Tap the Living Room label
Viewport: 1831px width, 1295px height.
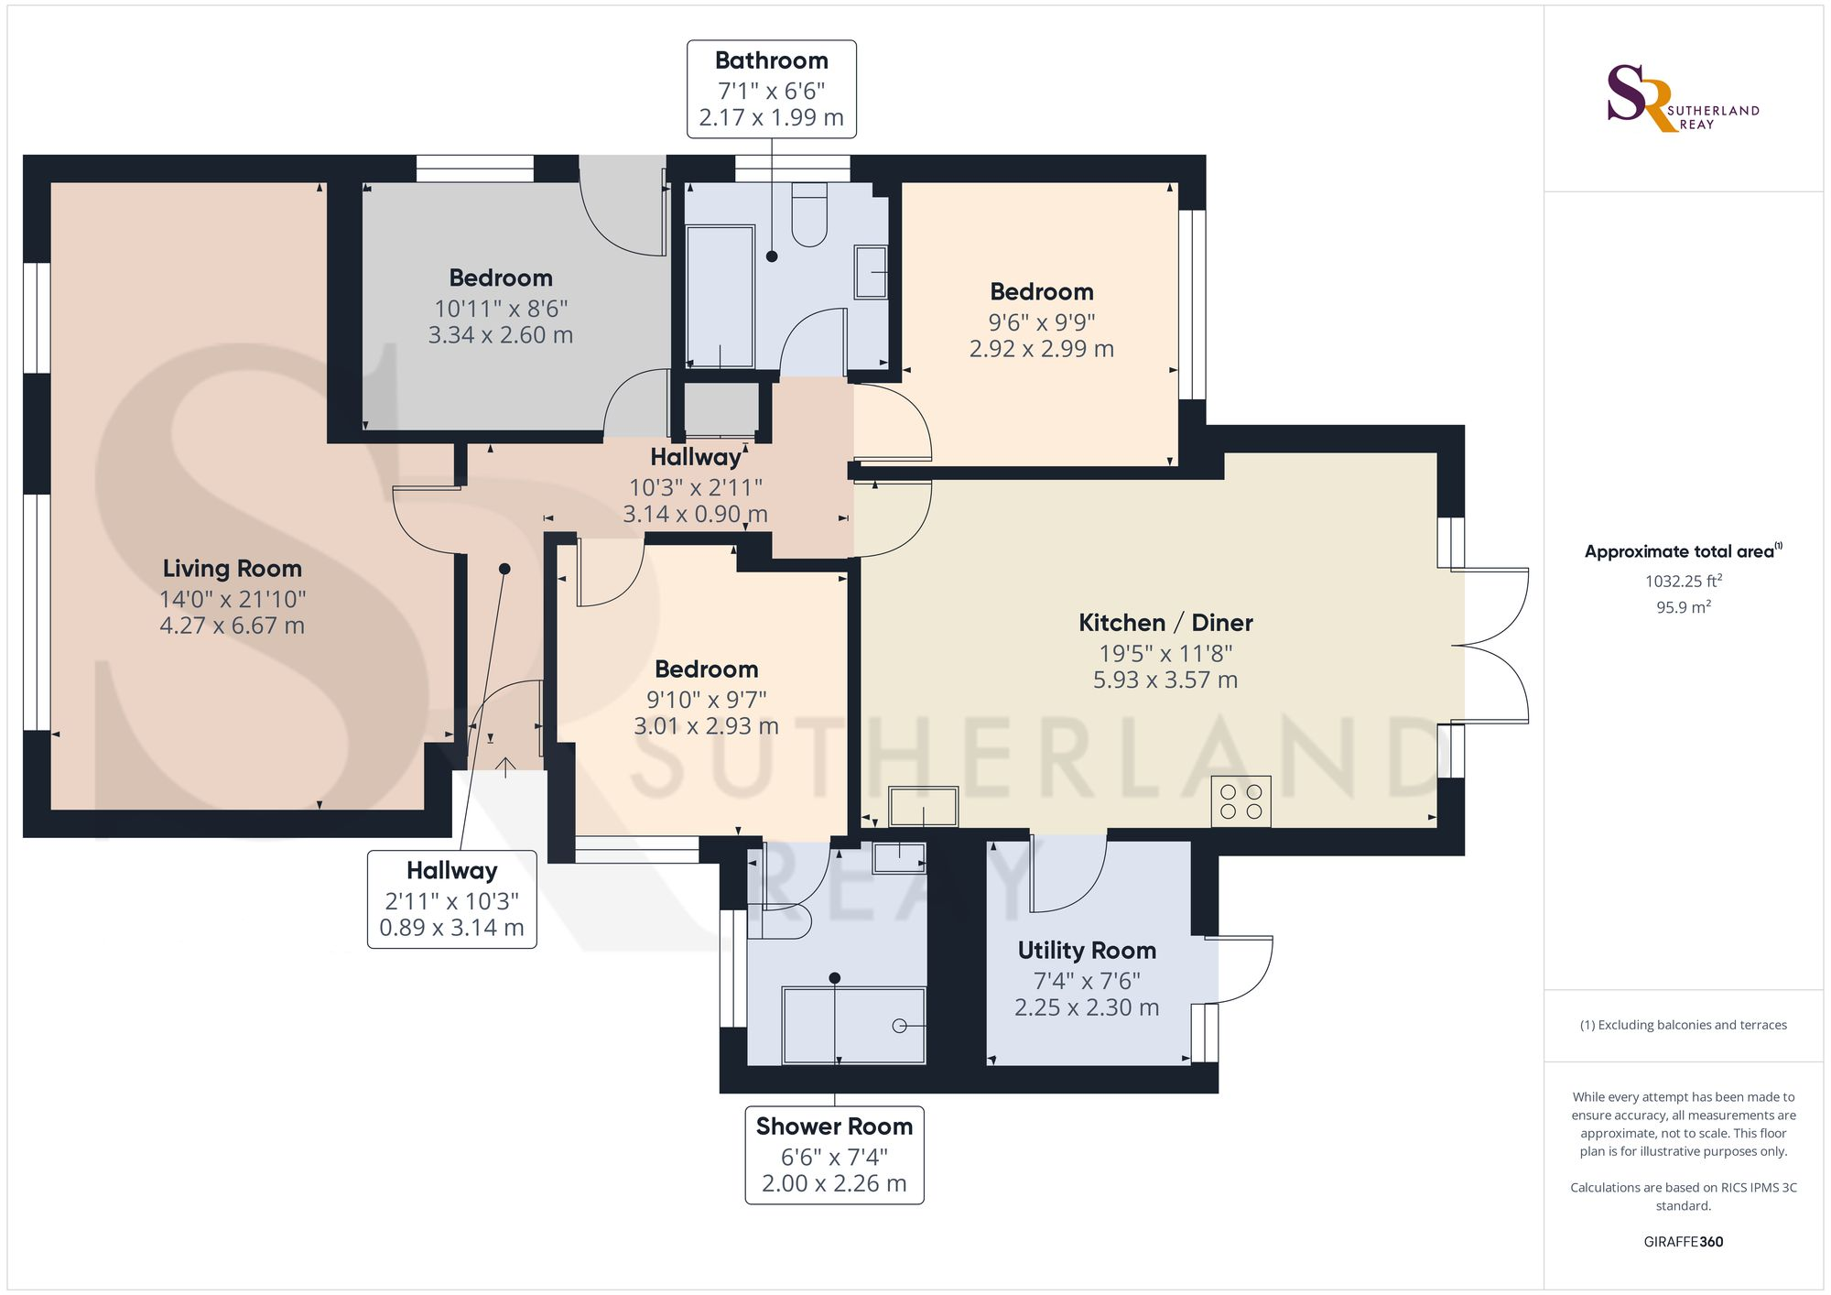point(233,569)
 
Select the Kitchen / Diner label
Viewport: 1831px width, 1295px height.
point(1165,623)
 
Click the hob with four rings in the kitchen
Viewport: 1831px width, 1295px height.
point(1241,801)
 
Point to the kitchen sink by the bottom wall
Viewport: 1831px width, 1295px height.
point(923,807)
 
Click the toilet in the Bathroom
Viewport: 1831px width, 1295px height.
point(809,214)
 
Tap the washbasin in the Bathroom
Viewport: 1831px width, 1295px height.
point(871,272)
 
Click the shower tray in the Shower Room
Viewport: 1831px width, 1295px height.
point(853,1025)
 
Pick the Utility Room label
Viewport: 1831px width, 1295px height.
point(1087,951)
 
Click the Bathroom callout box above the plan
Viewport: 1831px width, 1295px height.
point(772,89)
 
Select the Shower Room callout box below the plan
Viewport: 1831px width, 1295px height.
point(834,1155)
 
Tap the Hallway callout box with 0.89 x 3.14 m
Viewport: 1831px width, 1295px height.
point(452,898)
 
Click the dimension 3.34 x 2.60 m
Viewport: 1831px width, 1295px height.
point(501,335)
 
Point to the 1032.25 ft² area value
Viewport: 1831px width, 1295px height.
point(1683,581)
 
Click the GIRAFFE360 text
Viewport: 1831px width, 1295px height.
point(1683,1242)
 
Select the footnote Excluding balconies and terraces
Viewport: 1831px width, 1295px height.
point(1683,1025)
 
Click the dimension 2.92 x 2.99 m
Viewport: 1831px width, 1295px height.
point(1042,349)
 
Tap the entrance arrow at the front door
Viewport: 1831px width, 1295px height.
point(504,767)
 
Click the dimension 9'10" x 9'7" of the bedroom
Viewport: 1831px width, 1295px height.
point(707,700)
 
